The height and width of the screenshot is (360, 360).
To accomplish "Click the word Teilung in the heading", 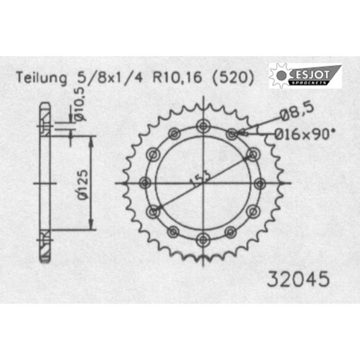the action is pyautogui.click(x=41, y=78).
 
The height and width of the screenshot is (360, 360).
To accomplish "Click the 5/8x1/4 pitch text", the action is pyautogui.click(x=110, y=77).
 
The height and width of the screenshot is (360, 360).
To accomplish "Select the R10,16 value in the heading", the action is pyautogui.click(x=177, y=77).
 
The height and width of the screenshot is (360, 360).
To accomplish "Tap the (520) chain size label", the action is pyautogui.click(x=233, y=78).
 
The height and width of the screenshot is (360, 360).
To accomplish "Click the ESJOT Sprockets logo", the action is pyautogui.click(x=305, y=76).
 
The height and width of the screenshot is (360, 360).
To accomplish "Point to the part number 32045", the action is pyautogui.click(x=298, y=279).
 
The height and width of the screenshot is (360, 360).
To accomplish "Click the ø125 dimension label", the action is pyautogui.click(x=83, y=184).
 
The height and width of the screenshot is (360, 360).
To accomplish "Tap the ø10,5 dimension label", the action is pyautogui.click(x=80, y=104).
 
